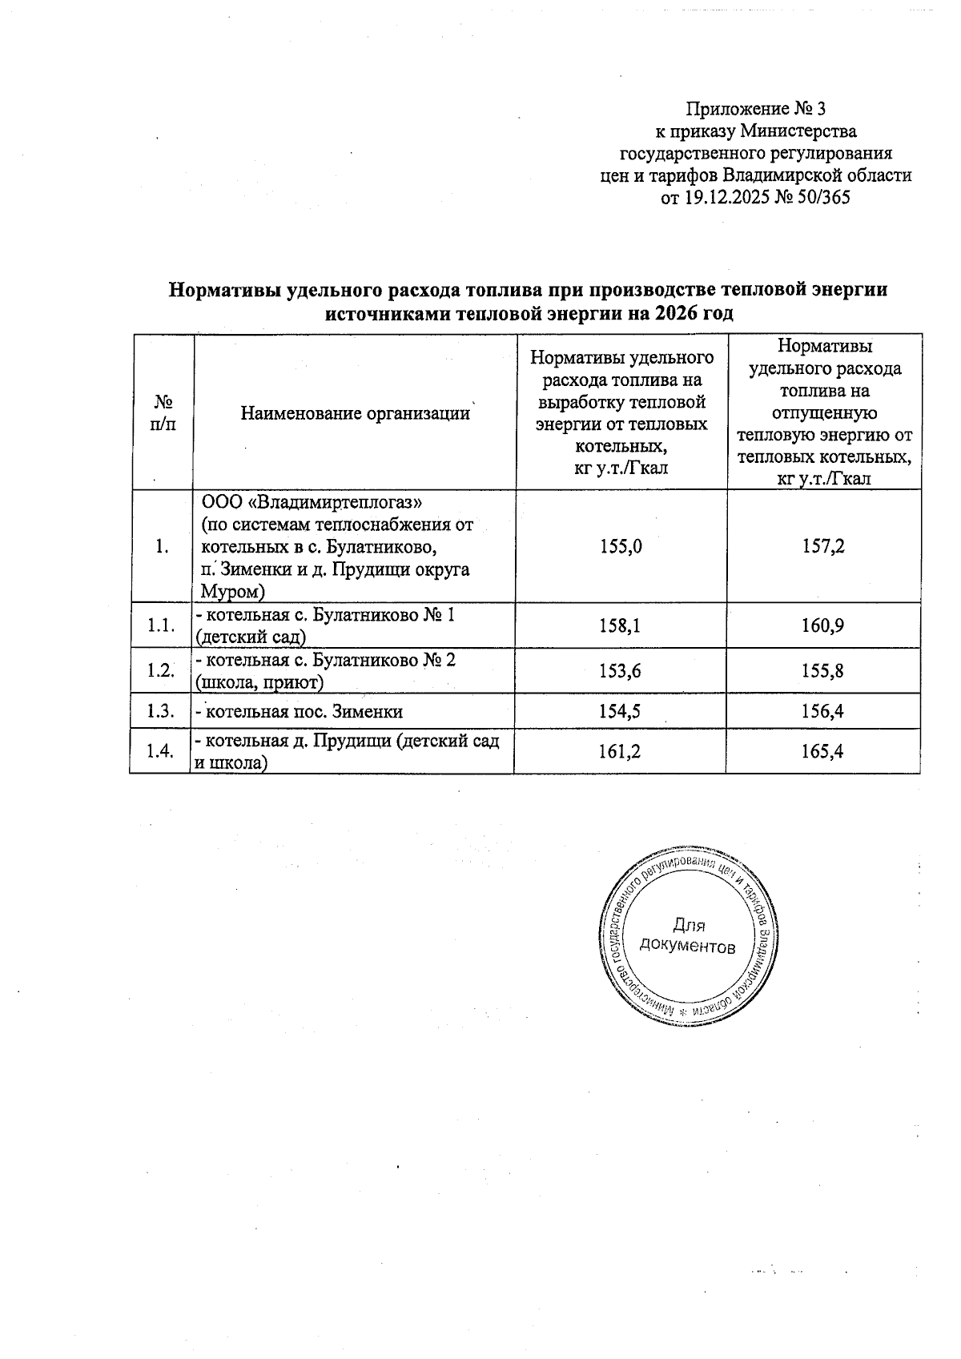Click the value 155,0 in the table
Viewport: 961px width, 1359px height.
pyautogui.click(x=621, y=547)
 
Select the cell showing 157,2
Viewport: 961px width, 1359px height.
pyautogui.click(x=824, y=547)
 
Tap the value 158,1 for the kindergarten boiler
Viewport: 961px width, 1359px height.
pyautogui.click(x=621, y=626)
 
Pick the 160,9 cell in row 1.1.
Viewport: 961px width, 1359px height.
pyautogui.click(x=824, y=626)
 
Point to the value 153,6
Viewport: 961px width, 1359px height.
pyautogui.click(x=621, y=671)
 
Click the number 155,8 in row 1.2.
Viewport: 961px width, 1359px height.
pyautogui.click(x=824, y=671)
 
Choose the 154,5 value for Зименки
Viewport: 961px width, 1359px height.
pyautogui.click(x=621, y=712)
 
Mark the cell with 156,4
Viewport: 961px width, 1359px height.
pyautogui.click(x=824, y=712)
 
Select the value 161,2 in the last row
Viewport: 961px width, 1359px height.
pyautogui.click(x=621, y=751)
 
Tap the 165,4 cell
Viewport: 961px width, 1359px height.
pyautogui.click(x=824, y=751)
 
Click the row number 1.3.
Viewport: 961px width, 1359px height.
pyautogui.click(x=161, y=712)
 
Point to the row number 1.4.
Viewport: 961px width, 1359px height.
pyautogui.click(x=161, y=751)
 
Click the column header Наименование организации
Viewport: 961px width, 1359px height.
pyautogui.click(x=355, y=414)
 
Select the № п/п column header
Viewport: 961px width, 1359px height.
pyautogui.click(x=163, y=412)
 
